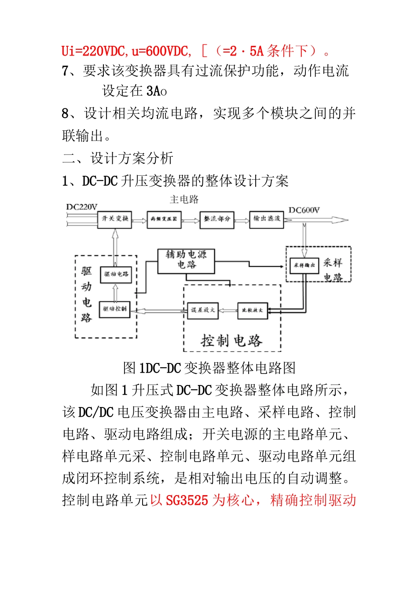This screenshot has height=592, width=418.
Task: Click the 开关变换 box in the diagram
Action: (115, 219)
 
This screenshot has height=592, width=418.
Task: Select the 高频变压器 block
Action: (164, 219)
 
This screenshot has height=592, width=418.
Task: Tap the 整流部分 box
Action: (217, 219)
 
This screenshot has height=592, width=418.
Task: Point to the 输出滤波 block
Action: (267, 219)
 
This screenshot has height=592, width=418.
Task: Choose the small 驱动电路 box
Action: (116, 274)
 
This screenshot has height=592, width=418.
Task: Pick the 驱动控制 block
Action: (115, 309)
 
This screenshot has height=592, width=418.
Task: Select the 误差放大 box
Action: (203, 310)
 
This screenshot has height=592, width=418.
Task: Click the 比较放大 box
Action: (252, 310)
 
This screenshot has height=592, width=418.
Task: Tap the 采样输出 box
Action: (304, 265)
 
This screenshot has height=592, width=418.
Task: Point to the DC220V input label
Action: (82, 207)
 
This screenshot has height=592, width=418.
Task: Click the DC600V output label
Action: (304, 210)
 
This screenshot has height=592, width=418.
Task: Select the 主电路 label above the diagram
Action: (184, 200)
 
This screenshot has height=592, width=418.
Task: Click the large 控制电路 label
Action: (231, 340)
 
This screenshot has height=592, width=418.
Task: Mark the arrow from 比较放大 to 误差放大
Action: (228, 311)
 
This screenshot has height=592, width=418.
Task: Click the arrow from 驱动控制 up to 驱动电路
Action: (115, 292)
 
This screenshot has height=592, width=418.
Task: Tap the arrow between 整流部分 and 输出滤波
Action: (242, 220)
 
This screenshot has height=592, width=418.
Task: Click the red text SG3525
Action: (187, 500)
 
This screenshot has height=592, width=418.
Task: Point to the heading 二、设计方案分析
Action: (117, 158)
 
